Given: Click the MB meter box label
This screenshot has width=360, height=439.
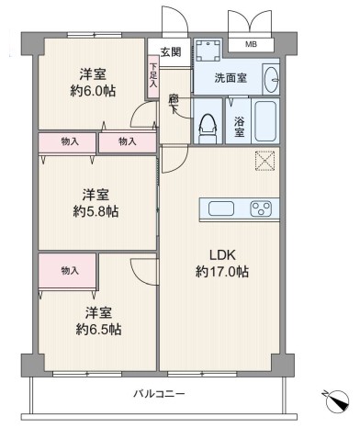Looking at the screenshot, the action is click(x=251, y=45).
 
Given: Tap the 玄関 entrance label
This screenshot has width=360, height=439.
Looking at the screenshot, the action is click(x=171, y=52).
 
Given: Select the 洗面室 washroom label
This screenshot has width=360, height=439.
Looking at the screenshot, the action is click(x=231, y=78).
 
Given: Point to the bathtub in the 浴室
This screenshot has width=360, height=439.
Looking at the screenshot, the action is click(x=265, y=121).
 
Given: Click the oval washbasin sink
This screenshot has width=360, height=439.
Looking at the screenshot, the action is click(x=271, y=80).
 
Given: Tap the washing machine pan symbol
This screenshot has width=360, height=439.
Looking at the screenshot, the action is click(x=208, y=51).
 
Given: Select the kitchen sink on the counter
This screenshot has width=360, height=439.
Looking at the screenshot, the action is click(x=221, y=208).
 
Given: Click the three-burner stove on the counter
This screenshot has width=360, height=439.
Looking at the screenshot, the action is click(x=261, y=208).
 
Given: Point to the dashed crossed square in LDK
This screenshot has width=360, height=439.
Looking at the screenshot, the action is click(x=265, y=161).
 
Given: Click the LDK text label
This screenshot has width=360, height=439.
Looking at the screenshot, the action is click(x=222, y=254).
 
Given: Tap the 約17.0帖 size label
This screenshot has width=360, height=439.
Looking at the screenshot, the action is click(x=222, y=272).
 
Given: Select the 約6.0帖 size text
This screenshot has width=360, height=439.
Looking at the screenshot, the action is click(x=93, y=91).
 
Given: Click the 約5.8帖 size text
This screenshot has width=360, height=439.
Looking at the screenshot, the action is click(x=96, y=211).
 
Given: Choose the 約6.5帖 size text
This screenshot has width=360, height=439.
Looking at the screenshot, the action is click(x=98, y=330).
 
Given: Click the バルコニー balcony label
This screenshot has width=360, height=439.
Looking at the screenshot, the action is click(x=159, y=393).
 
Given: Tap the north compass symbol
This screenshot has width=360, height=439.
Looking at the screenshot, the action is click(x=337, y=401).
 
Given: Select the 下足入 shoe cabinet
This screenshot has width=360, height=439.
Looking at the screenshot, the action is click(x=153, y=76).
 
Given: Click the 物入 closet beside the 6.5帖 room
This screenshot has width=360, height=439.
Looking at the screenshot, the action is click(x=68, y=271).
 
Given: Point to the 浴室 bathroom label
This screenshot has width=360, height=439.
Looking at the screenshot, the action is click(x=240, y=127).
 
